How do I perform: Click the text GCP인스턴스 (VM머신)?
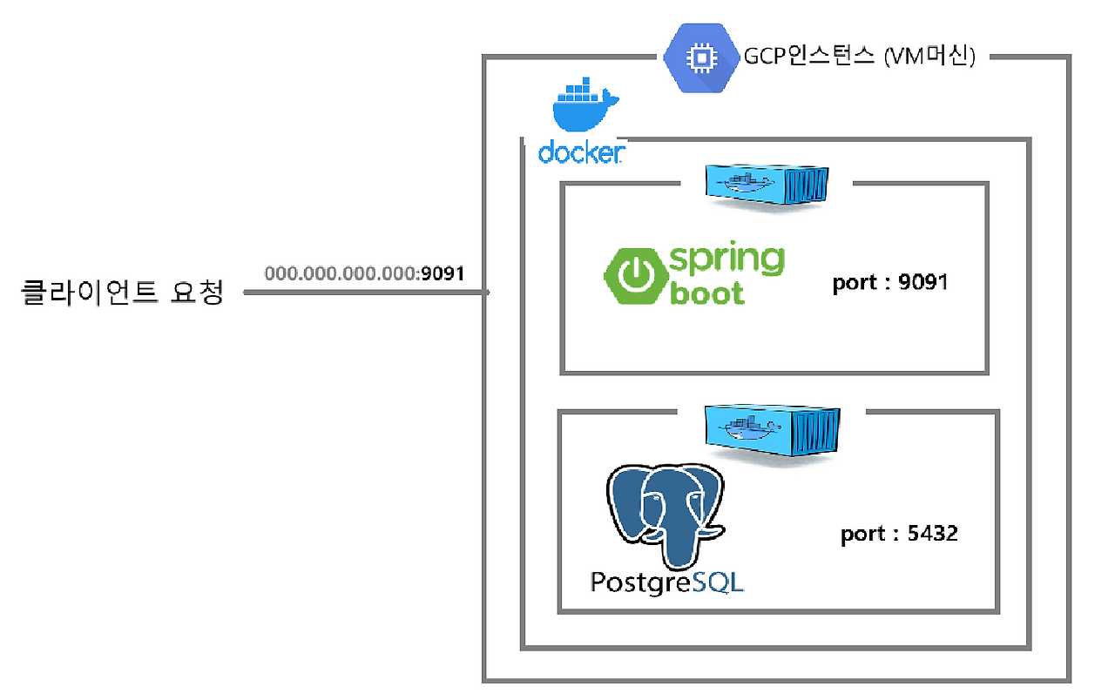point(858,57)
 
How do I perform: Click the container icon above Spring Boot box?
point(766,184)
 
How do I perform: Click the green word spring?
point(726,259)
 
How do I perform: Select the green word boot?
point(707,293)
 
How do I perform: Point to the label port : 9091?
point(889,283)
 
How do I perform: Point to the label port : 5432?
point(899,533)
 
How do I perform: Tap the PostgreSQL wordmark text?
point(667,582)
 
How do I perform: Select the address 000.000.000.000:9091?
point(364,273)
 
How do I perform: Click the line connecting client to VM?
point(366,293)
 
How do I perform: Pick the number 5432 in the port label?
point(932,533)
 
